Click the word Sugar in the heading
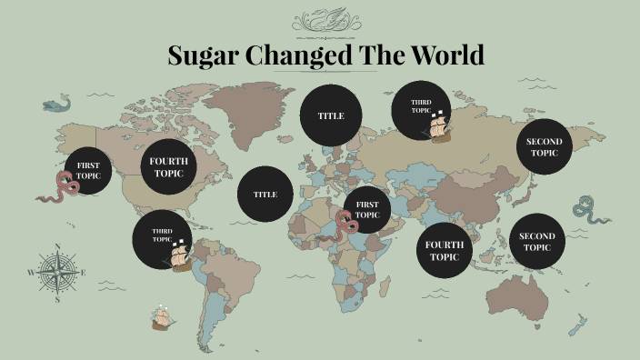pyautogui.click(x=198, y=55)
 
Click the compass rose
pyautogui.click(x=56, y=271)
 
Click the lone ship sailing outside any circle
pyautogui.click(x=164, y=316)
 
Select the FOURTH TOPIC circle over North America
pyautogui.click(x=168, y=166)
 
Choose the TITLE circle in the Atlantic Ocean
pyautogui.click(x=265, y=195)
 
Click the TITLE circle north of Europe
pyautogui.click(x=330, y=116)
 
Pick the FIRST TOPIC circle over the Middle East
pyautogui.click(x=366, y=210)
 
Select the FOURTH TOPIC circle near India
pyautogui.click(x=445, y=251)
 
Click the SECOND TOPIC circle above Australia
pyautogui.click(x=536, y=242)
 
